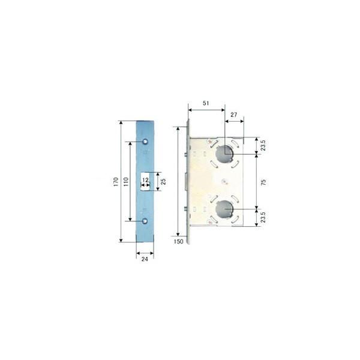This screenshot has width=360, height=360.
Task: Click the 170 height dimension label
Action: click(116, 181)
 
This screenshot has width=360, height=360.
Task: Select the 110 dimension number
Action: click(126, 181)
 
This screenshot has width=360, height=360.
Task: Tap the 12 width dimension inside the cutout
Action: click(145, 178)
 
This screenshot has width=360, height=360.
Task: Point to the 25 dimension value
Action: click(163, 181)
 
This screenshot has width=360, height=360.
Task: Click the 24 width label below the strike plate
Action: click(145, 260)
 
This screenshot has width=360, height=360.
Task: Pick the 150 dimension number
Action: click(178, 241)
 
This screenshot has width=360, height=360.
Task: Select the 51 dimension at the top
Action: click(206, 103)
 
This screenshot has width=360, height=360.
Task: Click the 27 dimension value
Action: click(234, 114)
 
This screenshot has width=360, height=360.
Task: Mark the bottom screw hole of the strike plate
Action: click(145, 221)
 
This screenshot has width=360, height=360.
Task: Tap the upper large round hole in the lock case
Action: click(224, 152)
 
